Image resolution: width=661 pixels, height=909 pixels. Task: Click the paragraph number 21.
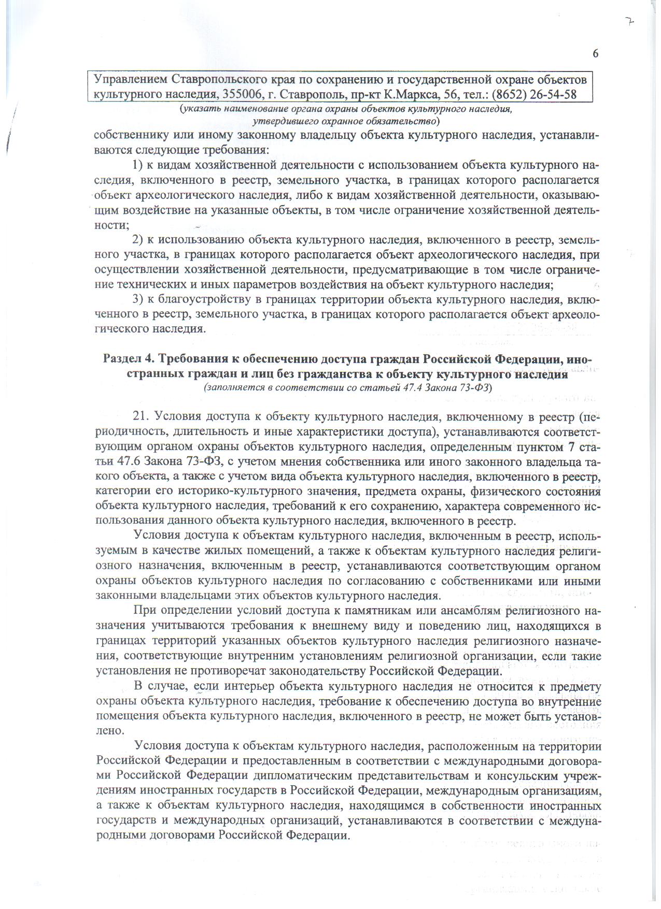[140, 416]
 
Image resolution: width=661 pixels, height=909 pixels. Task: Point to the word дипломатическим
[306, 775]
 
